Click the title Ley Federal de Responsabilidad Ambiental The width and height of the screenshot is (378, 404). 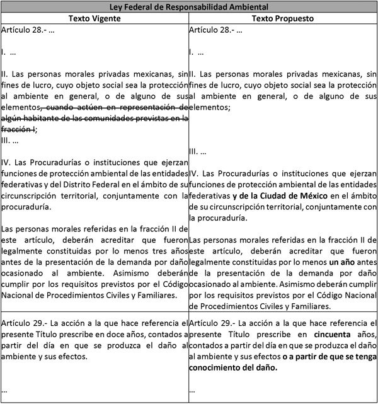[x=188, y=7]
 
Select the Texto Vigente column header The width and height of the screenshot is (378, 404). [x=94, y=18]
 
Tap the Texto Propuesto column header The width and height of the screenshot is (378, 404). [x=283, y=18]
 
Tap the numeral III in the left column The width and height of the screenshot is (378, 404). [x=6, y=140]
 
